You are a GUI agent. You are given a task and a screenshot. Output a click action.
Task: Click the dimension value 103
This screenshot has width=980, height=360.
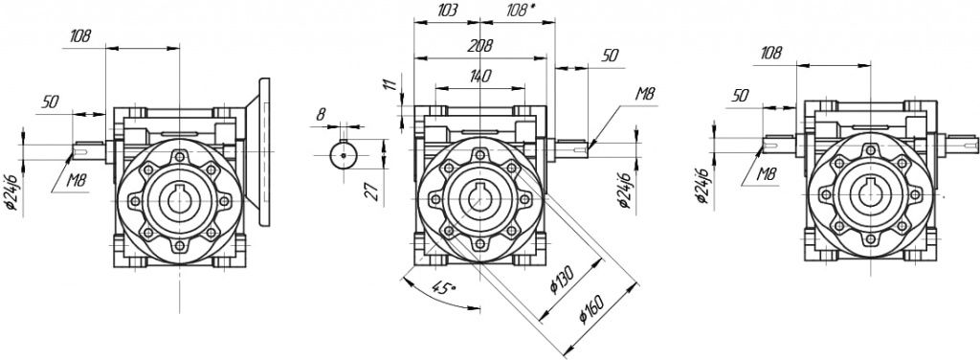448,11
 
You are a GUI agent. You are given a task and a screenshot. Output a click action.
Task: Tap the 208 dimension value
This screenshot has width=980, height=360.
481,46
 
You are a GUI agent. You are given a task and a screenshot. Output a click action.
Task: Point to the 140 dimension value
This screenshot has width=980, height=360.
479,77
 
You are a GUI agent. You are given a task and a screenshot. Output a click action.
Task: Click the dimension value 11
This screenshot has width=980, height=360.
390,84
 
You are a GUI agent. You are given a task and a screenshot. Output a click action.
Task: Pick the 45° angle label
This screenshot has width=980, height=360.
444,288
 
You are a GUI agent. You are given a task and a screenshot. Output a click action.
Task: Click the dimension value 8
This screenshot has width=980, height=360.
321,114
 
